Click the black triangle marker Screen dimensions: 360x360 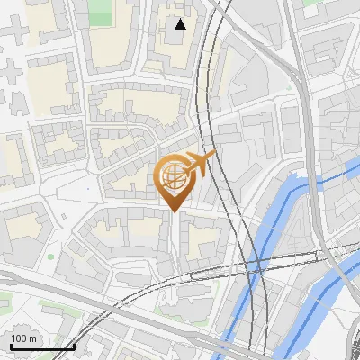181,24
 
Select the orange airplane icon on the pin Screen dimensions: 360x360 201,165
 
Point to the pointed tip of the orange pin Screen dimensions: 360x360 174,211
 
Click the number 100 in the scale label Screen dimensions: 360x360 20,338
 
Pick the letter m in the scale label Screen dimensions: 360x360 34,338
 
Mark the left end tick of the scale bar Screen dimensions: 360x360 10,346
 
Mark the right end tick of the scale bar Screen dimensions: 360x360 74,346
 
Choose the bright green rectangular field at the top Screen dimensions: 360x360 102,11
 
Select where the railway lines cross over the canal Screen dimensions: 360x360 256,263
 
